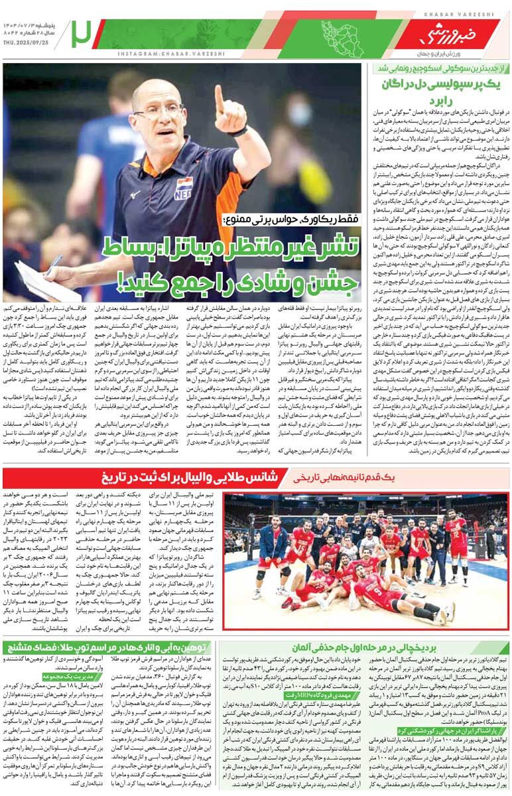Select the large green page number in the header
82,33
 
